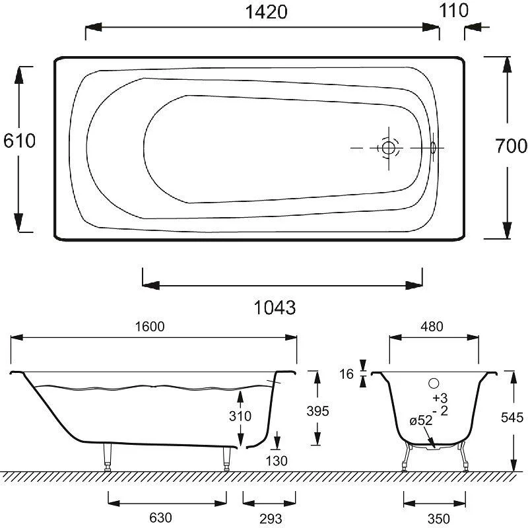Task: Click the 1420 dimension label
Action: click(x=266, y=12)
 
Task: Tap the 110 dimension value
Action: click(x=453, y=11)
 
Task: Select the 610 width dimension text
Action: click(x=19, y=141)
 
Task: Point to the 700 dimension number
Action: click(x=511, y=146)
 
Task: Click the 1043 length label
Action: click(x=275, y=308)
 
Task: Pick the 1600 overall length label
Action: click(x=150, y=326)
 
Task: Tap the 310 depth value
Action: click(x=240, y=416)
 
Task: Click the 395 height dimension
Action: click(x=317, y=411)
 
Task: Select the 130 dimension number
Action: click(x=277, y=461)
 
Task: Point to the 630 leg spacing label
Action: click(x=160, y=517)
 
